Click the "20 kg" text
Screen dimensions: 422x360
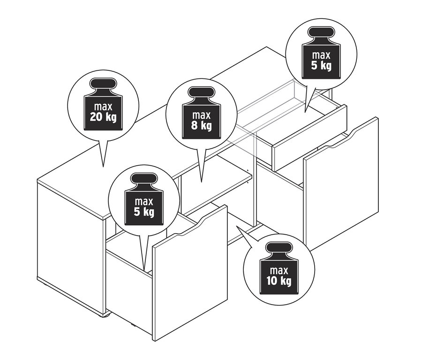pyautogui.click(x=103, y=117)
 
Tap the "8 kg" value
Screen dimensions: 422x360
pyautogui.click(x=202, y=126)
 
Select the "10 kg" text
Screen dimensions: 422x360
pyautogui.click(x=279, y=281)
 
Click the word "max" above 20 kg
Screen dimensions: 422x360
pyautogui.click(x=103, y=107)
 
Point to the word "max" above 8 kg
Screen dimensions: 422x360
pyautogui.click(x=201, y=115)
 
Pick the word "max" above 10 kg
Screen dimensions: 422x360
pyautogui.click(x=279, y=270)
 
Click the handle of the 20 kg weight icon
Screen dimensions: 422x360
pyautogui.click(x=104, y=84)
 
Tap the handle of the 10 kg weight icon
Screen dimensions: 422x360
pyautogui.click(x=279, y=248)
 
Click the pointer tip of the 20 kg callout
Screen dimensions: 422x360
pyautogui.click(x=103, y=167)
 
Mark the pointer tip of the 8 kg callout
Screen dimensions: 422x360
pyautogui.click(x=201, y=182)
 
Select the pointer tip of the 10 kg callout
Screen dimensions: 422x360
pyautogui.click(x=237, y=226)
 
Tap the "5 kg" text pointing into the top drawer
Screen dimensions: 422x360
pyautogui.click(x=321, y=66)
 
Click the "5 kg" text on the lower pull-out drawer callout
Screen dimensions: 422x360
pyautogui.click(x=144, y=212)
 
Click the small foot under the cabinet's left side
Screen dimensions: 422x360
pyautogui.click(x=106, y=315)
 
